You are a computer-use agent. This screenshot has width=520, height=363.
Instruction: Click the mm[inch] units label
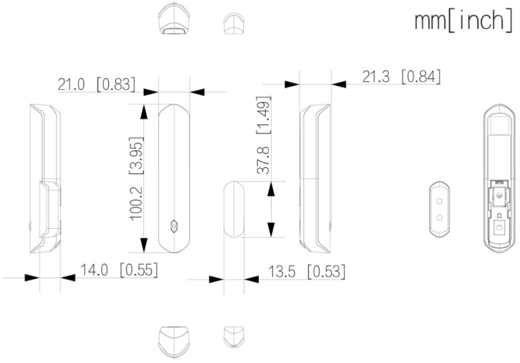pos(463,21)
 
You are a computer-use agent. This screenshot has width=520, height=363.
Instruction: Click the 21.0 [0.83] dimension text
pos(96,84)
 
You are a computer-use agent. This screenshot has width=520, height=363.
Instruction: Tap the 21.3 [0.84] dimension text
pos(402,77)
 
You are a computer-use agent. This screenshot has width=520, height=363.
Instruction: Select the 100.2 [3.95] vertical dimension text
pos(136,179)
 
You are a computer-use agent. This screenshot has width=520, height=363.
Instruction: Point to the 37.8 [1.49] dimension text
pos(264,135)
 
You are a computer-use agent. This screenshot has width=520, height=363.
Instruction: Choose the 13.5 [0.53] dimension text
pos(307,272)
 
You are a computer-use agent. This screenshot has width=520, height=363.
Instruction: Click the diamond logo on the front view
pos(174,226)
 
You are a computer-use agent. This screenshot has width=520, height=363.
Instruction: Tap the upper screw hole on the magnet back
pos(440,201)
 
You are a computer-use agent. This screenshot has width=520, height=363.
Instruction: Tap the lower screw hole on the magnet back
pos(440,218)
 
